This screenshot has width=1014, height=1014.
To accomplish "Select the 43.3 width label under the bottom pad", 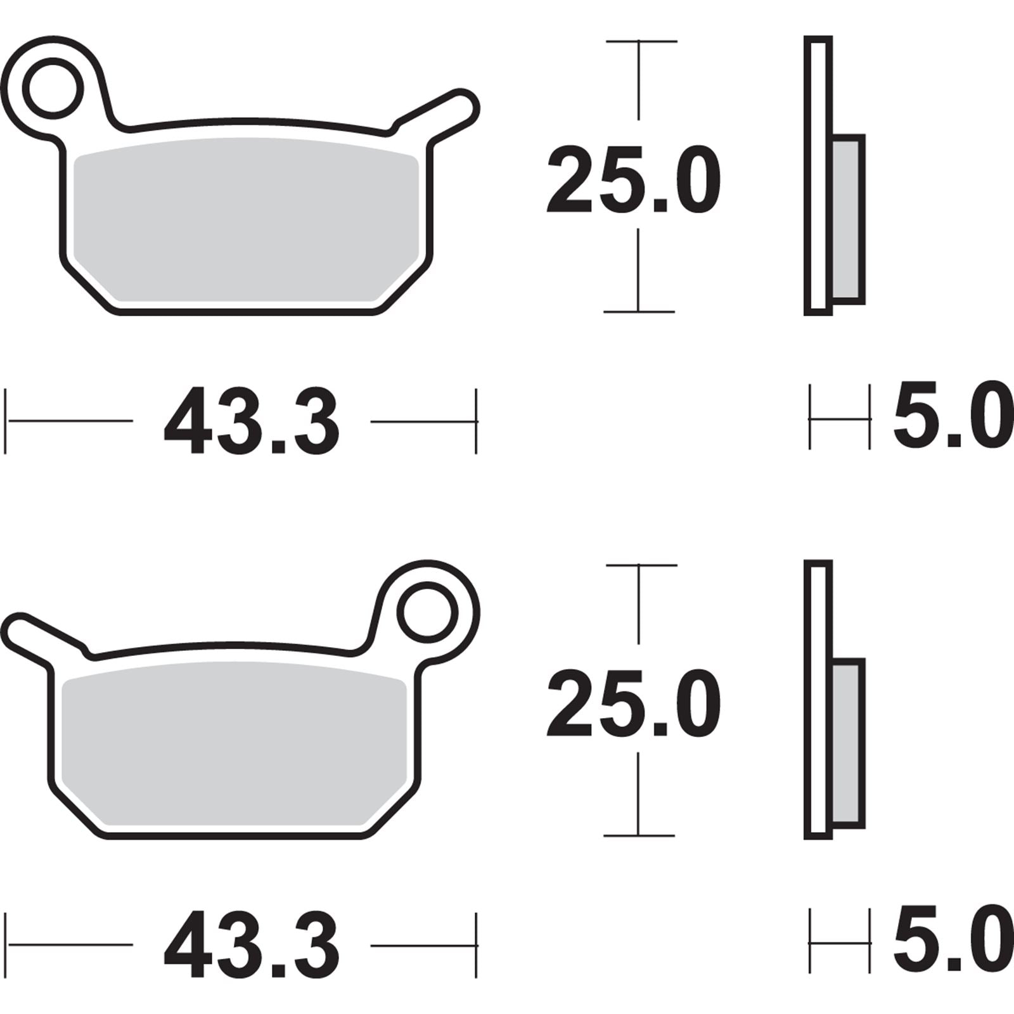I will click(252, 945).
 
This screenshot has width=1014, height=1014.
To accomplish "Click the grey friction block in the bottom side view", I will click(847, 742).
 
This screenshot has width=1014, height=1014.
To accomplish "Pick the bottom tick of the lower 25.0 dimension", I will click(639, 835).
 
